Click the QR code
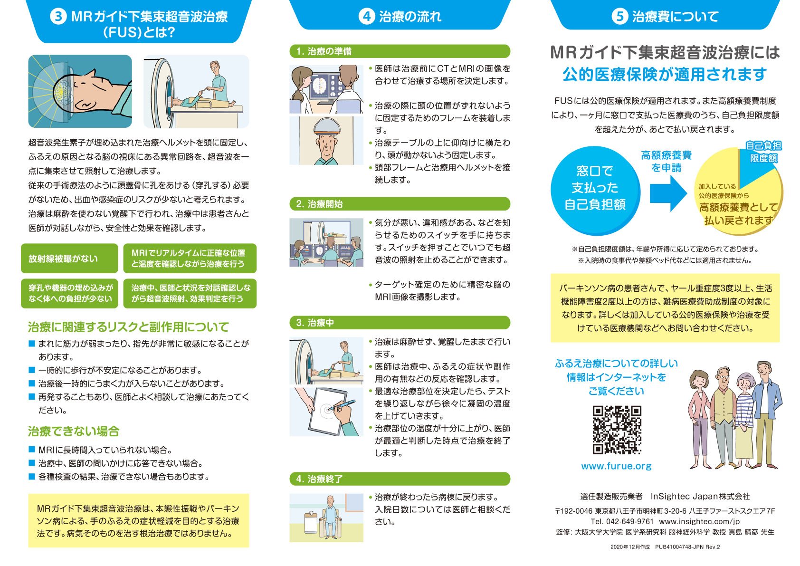[x=617, y=430]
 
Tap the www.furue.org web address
[x=616, y=466]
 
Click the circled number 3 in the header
[x=58, y=17]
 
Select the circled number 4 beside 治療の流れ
[x=366, y=17]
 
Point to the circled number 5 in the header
[x=619, y=17]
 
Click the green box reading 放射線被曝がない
[x=69, y=259]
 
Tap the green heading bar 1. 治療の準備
[x=400, y=51]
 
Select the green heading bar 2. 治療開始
[x=400, y=204]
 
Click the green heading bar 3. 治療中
[x=400, y=323]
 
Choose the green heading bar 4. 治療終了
[x=400, y=479]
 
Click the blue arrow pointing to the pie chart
[x=668, y=193]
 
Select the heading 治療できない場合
[x=74, y=432]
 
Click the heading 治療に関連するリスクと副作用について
[x=128, y=327]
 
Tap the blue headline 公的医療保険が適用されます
[x=665, y=75]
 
